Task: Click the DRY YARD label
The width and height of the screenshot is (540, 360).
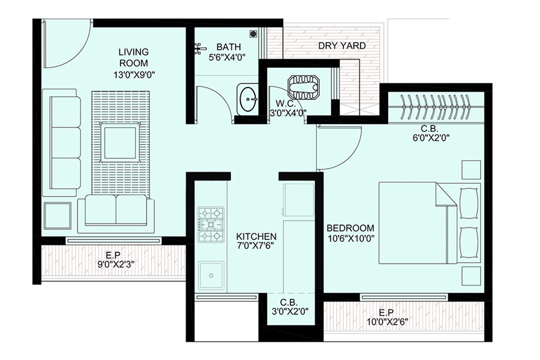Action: tap(341, 46)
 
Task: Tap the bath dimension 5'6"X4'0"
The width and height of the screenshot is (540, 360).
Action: tap(226, 57)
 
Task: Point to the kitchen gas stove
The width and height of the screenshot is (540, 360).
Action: tap(211, 224)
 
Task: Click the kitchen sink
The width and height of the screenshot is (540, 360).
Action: tap(211, 275)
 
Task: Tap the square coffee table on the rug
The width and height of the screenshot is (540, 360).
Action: tap(120, 143)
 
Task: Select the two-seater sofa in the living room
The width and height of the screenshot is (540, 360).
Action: tap(116, 214)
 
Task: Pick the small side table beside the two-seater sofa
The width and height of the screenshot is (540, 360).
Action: tap(58, 215)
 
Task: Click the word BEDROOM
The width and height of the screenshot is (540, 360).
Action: tap(350, 228)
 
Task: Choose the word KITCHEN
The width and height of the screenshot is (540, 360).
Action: tap(256, 236)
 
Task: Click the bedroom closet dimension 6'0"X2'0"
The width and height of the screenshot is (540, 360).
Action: tap(431, 138)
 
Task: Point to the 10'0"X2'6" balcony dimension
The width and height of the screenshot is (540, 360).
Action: tap(388, 322)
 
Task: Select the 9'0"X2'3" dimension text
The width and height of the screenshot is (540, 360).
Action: tap(115, 264)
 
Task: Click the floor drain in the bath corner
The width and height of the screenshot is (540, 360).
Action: tap(253, 34)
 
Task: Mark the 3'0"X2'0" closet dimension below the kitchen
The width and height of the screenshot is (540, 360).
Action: tap(290, 311)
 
